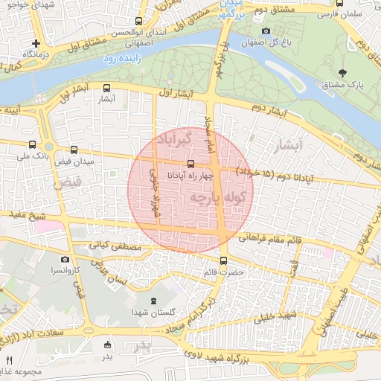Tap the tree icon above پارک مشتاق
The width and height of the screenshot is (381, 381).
(x=342, y=73)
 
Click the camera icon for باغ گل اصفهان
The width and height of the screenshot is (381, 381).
(x=266, y=31)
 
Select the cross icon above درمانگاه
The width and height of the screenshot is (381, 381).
(x=35, y=43)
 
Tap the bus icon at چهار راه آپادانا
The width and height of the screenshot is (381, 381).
(x=190, y=163)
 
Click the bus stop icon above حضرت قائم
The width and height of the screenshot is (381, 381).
(x=224, y=260)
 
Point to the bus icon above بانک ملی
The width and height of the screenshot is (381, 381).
(x=31, y=144)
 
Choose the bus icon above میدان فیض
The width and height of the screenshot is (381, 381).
(x=73, y=150)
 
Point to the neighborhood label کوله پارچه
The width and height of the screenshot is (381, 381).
(x=217, y=198)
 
